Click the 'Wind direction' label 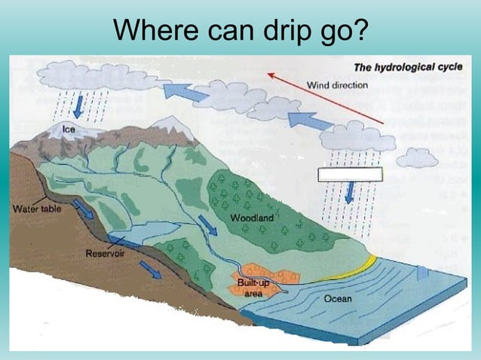(x=337, y=85)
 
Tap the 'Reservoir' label (x=105, y=254)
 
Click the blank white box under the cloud (x=350, y=175)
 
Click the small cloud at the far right (x=417, y=158)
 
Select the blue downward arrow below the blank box (x=349, y=194)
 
